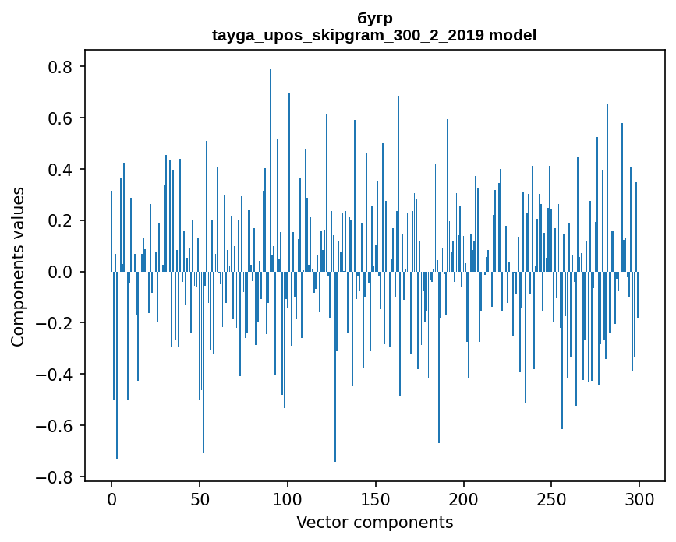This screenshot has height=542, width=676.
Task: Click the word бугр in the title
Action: click(374, 19)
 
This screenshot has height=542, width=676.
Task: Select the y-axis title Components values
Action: click(18, 266)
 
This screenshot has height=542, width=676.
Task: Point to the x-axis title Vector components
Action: click(374, 522)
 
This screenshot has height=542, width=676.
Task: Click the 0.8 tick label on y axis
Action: click(62, 67)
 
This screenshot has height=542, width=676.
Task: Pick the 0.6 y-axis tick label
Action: click(62, 118)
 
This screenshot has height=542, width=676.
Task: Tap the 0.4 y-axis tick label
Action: click(62, 170)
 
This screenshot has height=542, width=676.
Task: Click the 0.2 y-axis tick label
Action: click(62, 220)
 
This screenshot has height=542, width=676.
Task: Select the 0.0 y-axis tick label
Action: click(62, 272)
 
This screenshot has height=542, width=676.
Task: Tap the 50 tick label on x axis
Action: click(200, 498)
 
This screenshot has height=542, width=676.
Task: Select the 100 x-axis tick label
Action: click(288, 498)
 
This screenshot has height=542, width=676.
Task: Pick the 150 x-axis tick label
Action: click(376, 498)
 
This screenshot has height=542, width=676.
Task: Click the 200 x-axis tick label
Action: click(464, 498)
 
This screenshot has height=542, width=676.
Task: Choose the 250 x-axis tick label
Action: click(551, 498)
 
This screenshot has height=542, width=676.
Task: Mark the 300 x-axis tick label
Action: click(639, 498)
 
